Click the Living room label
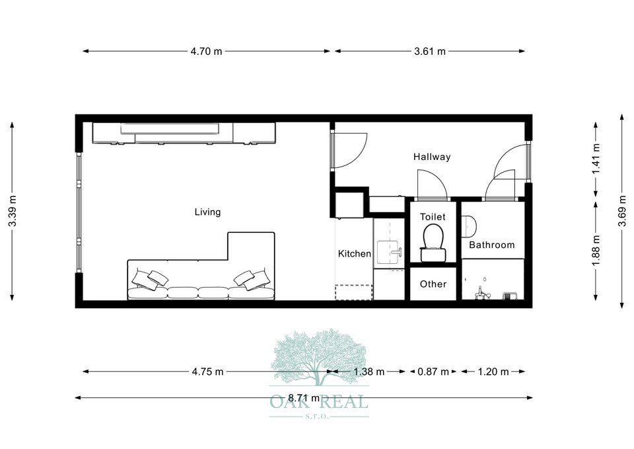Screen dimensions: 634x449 tap(207, 212)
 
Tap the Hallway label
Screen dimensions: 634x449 tap(432, 157)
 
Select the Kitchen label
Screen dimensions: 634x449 tap(355, 254)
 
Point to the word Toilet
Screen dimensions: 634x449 tap(433, 217)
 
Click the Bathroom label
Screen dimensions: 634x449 tap(491, 245)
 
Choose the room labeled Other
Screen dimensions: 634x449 tap(433, 284)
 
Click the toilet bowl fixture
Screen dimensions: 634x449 tap(433, 242)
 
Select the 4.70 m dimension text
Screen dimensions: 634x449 tap(207, 52)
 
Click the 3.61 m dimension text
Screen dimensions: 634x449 tap(430, 52)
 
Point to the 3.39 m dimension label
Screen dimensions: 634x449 tap(13, 212)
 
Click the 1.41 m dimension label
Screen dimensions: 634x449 tap(596, 159)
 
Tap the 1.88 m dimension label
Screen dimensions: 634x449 tap(596, 251)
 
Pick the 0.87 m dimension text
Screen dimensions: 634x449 tap(433, 372)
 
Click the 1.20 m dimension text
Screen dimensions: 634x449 tap(493, 372)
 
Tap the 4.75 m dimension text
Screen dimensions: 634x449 tap(207, 372)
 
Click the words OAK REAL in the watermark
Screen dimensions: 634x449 tap(319, 401)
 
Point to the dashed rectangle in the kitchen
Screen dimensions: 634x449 tap(353, 292)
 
